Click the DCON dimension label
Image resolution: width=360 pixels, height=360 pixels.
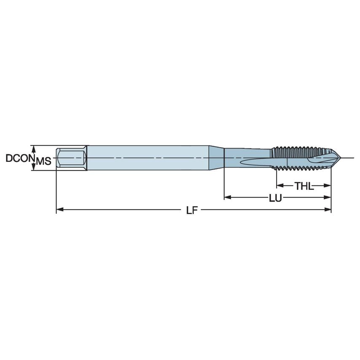point(19,159)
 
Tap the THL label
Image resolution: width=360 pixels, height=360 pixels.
point(304,185)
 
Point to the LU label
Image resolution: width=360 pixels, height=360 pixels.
point(276,197)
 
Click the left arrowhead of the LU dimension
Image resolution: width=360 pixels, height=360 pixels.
point(227,197)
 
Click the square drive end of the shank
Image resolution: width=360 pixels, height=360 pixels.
point(72,158)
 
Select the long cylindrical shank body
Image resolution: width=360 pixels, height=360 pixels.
point(148,158)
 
